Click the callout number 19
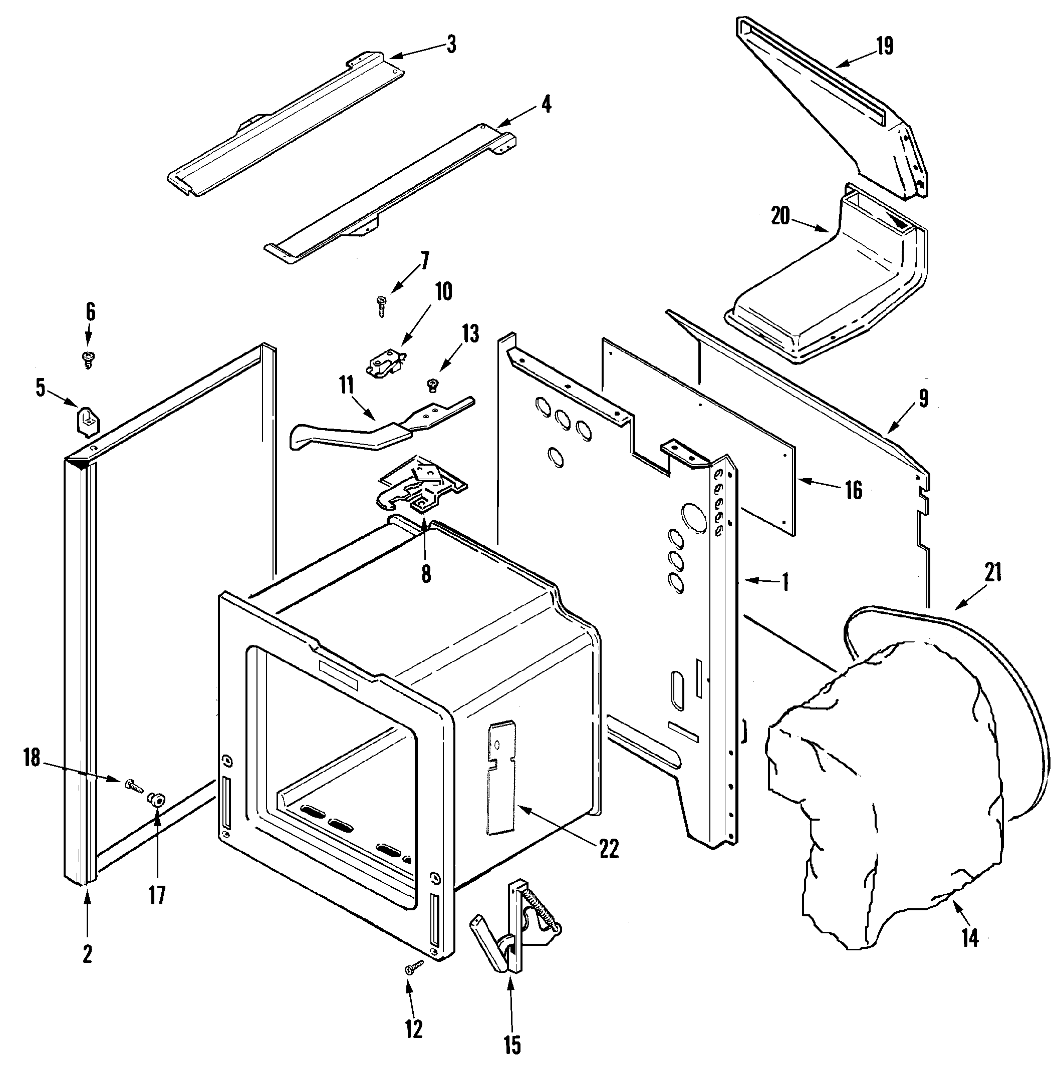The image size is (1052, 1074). click(x=885, y=46)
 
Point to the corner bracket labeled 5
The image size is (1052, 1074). click(x=86, y=419)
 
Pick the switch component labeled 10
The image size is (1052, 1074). click(x=385, y=362)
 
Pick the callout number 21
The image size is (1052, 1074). click(x=993, y=573)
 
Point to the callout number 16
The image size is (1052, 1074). click(x=854, y=490)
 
